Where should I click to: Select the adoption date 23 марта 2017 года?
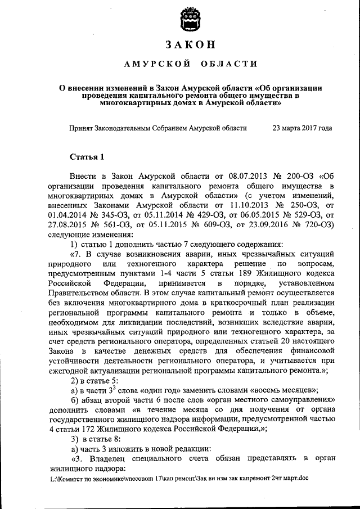[301, 128]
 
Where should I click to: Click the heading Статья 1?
[87, 156]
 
